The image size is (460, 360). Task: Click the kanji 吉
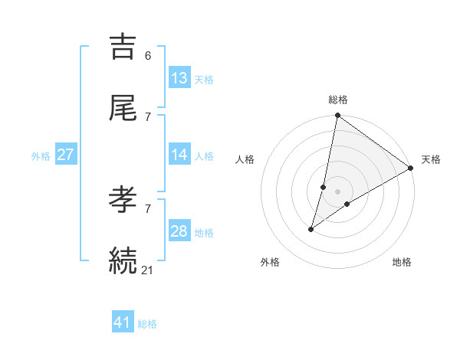(x=123, y=47)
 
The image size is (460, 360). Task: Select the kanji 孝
(x=123, y=201)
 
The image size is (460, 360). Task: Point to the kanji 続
(x=123, y=260)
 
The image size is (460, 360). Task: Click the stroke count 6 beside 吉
(x=147, y=56)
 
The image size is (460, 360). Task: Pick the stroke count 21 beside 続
(x=148, y=269)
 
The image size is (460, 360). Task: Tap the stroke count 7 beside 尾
(x=147, y=116)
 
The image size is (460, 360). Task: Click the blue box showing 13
(x=179, y=78)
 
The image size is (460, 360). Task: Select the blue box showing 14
(x=179, y=155)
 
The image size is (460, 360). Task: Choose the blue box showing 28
(x=179, y=231)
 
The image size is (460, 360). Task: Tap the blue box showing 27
(x=65, y=155)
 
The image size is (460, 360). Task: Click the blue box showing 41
(x=123, y=322)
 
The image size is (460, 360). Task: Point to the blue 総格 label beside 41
(x=147, y=324)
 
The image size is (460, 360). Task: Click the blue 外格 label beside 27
(x=41, y=156)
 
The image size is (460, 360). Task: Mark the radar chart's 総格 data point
(x=337, y=116)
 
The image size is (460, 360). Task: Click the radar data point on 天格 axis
(x=411, y=169)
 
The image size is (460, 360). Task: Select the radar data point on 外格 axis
(x=311, y=229)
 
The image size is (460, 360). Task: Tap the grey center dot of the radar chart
(x=337, y=191)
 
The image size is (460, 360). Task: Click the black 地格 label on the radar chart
(x=402, y=263)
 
